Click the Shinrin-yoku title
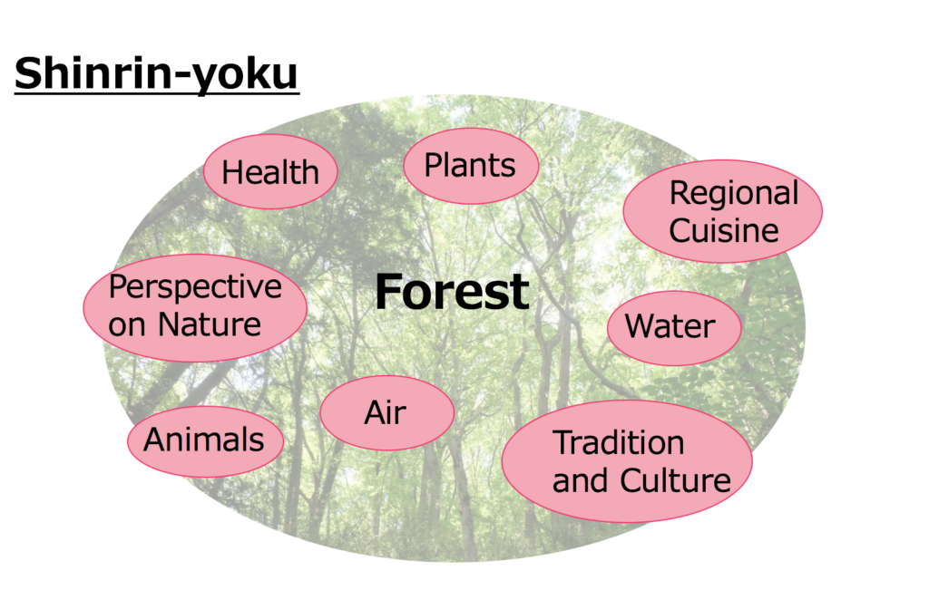pyautogui.click(x=156, y=74)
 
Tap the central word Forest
pyautogui.click(x=452, y=292)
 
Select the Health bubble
pyautogui.click(x=270, y=171)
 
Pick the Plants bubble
pyautogui.click(x=471, y=166)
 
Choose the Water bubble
pyautogui.click(x=674, y=328)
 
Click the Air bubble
pyautogui.click(x=386, y=412)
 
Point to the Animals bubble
pyautogui.click(x=206, y=441)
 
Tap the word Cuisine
pyautogui.click(x=723, y=230)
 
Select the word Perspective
pyautogui.click(x=195, y=288)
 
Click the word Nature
pyautogui.click(x=210, y=324)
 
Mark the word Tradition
pyautogui.click(x=619, y=442)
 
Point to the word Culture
pyautogui.click(x=675, y=480)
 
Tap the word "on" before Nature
pyautogui.click(x=127, y=326)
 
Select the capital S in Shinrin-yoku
pyautogui.click(x=29, y=72)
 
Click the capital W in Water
pyautogui.click(x=641, y=326)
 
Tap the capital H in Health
pyautogui.click(x=233, y=172)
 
